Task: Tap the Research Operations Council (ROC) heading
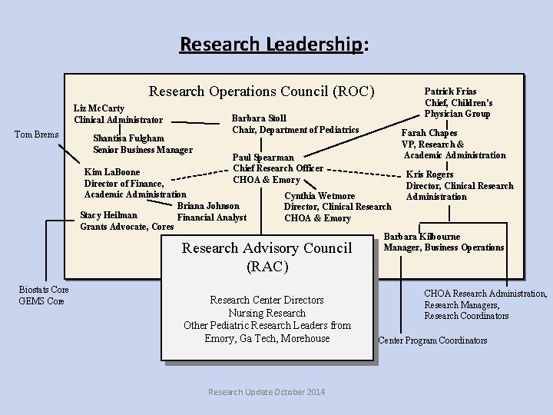coord(261,91)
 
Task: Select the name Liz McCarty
coord(99,109)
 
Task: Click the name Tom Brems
coord(37,135)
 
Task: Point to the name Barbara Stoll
coord(259,118)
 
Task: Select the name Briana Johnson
coord(208,206)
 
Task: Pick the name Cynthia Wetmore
coord(320,196)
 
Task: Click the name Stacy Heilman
coord(108,215)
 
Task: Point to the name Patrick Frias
coord(450,91)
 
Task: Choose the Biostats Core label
coord(43,289)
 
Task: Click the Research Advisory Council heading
coord(267,248)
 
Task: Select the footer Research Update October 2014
coord(267,392)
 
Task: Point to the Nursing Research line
coord(267,313)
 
